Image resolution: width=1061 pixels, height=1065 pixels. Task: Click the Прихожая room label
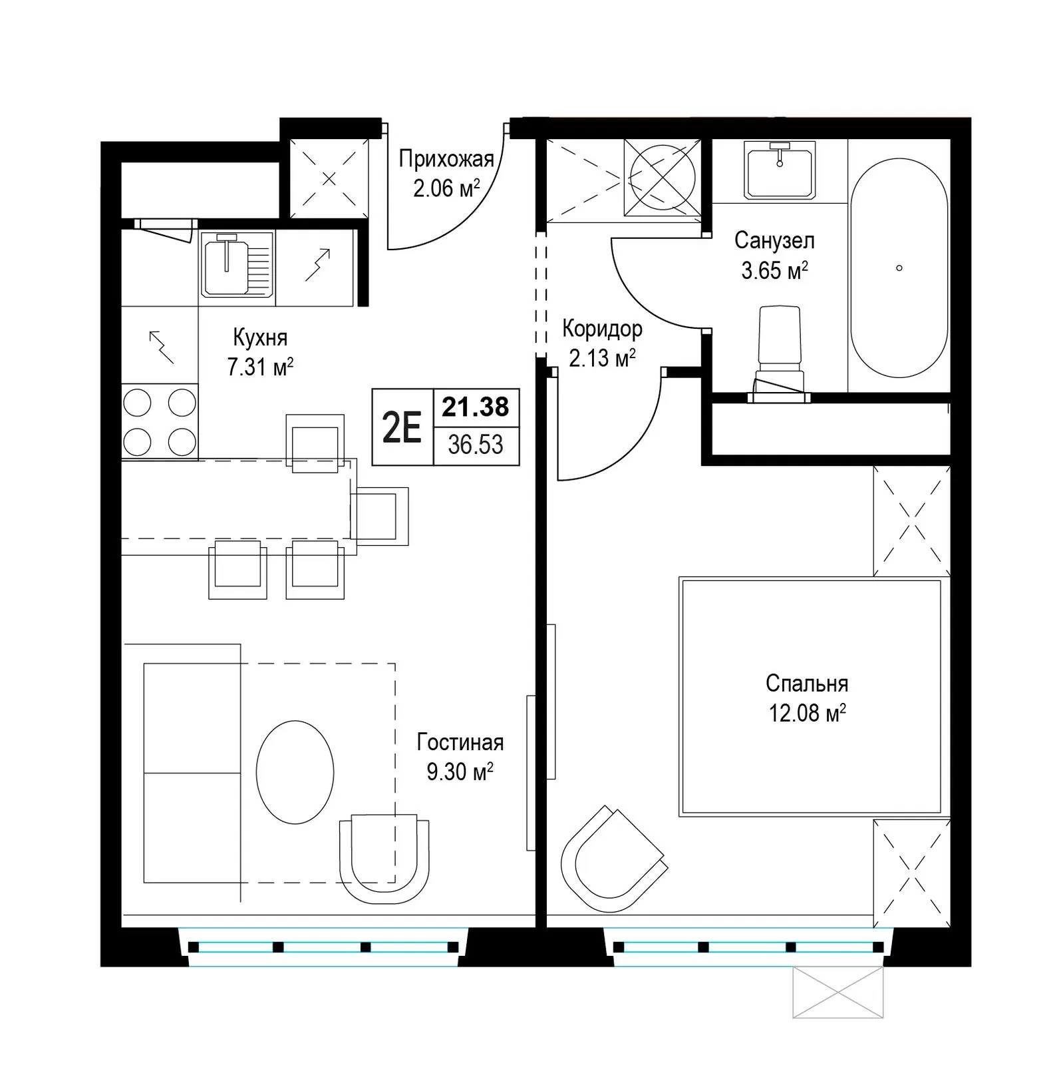(x=446, y=160)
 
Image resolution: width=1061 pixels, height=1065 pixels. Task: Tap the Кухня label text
(x=260, y=337)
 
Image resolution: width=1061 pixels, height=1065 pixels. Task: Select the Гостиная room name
(x=460, y=742)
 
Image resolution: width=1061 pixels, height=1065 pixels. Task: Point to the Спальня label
(x=807, y=684)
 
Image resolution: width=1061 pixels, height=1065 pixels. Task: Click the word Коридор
(x=603, y=329)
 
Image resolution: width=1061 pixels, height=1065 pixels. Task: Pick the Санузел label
(x=774, y=240)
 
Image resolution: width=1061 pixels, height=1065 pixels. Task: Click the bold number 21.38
(x=476, y=407)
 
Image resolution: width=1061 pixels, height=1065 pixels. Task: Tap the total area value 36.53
(x=476, y=444)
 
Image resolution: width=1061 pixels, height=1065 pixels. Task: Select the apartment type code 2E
(x=402, y=427)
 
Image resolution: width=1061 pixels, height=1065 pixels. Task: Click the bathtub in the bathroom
(x=899, y=268)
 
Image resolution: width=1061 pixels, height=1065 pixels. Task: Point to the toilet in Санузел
(x=779, y=353)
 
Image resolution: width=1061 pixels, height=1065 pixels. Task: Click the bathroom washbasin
(x=779, y=170)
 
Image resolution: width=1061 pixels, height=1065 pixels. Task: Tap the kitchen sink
(x=237, y=264)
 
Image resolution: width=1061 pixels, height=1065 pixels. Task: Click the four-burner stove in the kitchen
(x=160, y=422)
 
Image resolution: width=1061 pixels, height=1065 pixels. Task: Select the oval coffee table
(x=295, y=771)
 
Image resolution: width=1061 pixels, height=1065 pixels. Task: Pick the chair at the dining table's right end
(x=379, y=517)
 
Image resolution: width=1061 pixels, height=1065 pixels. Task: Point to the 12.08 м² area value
(x=807, y=714)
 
